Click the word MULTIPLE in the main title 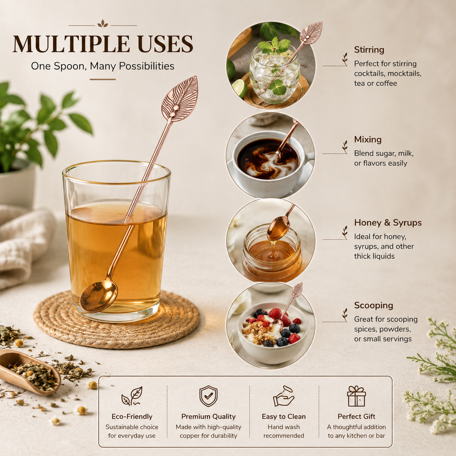[x=71, y=44]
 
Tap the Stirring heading [x=369, y=50]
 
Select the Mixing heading [x=368, y=140]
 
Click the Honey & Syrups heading [x=388, y=223]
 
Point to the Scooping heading [x=373, y=305]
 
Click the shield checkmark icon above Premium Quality [x=208, y=396]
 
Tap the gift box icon [x=356, y=396]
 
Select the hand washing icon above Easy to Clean [x=283, y=396]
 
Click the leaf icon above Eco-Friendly [x=132, y=396]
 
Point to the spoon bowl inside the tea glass [x=99, y=296]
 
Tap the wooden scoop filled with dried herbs [x=28, y=371]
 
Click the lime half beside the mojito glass [x=239, y=88]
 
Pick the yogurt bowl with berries [x=274, y=333]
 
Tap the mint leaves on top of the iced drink [x=275, y=47]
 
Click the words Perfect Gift [x=356, y=417]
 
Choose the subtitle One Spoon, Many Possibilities [x=103, y=66]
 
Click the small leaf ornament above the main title [x=103, y=24]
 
